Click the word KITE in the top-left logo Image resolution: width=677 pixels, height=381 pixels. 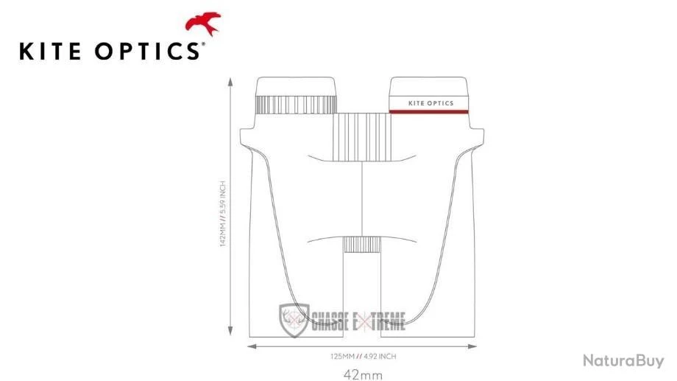click(50, 51)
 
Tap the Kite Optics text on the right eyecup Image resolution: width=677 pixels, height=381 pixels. click(430, 103)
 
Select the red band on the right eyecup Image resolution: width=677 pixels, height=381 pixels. click(430, 112)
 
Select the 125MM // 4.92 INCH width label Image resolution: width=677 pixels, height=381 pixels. click(364, 356)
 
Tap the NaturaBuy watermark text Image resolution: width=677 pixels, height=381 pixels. click(623, 360)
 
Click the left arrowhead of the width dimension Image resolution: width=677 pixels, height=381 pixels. click(249, 345)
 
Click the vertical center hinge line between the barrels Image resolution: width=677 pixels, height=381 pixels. click(363, 199)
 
